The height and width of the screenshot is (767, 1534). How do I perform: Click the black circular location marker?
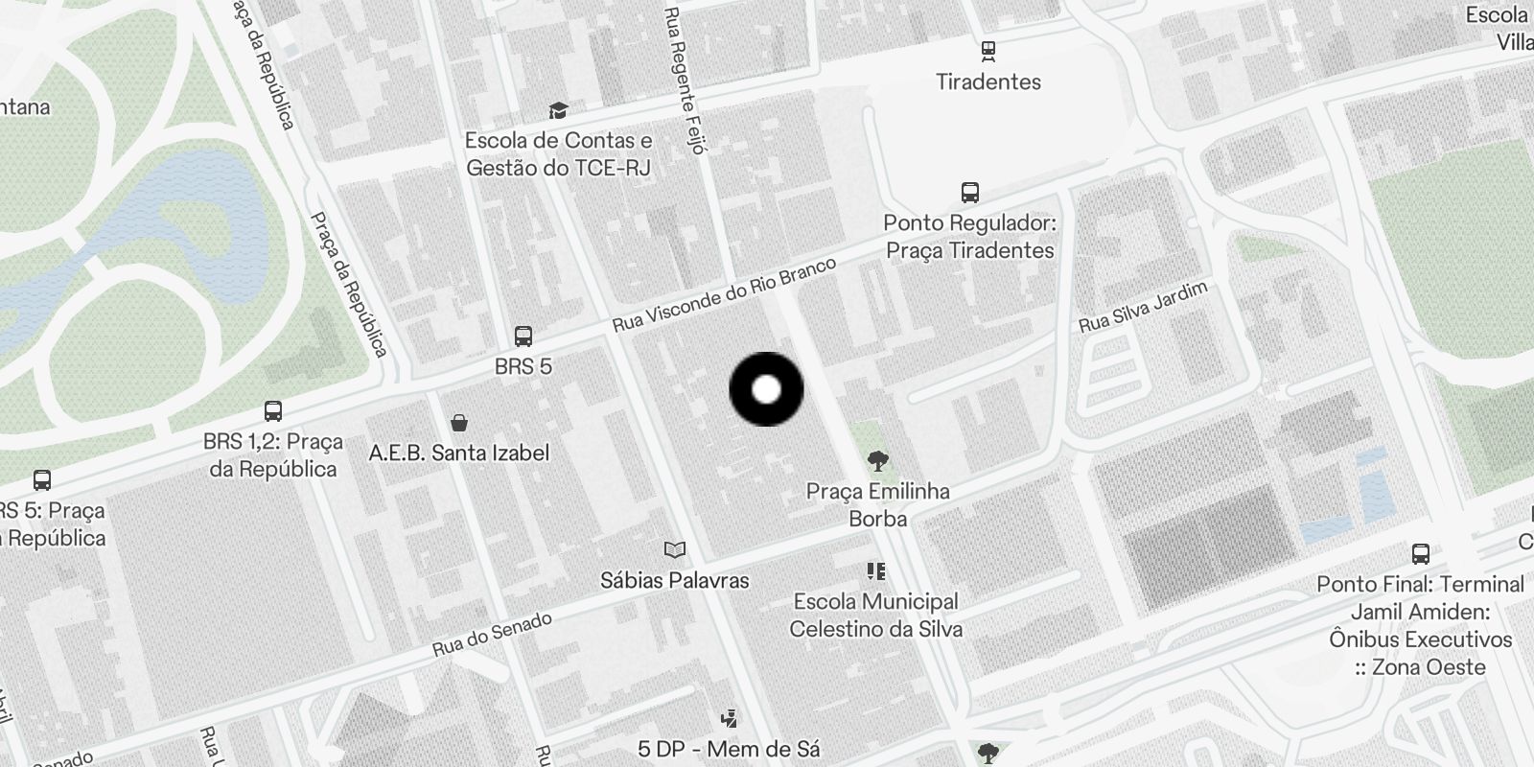tap(766, 389)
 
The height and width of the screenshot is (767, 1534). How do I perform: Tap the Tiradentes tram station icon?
tap(988, 51)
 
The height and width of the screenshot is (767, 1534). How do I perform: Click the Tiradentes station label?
tap(988, 81)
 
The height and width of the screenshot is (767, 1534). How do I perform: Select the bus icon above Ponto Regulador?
tap(970, 193)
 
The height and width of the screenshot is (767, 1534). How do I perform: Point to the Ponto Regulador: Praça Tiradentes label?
tap(969, 237)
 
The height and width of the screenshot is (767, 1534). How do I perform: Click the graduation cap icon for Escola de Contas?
tap(558, 110)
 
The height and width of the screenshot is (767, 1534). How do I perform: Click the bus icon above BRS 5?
tap(523, 337)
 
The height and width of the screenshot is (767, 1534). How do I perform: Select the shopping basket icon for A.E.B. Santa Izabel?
tap(459, 423)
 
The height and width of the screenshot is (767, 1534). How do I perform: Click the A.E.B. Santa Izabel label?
tap(459, 453)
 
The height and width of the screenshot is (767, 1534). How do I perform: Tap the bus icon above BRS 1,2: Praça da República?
tap(273, 411)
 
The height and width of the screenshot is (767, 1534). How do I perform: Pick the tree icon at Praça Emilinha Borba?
tap(877, 462)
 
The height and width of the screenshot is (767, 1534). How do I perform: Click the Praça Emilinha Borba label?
tap(877, 504)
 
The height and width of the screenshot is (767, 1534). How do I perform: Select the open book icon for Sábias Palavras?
tap(675, 549)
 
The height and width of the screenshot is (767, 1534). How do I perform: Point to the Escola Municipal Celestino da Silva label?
tap(875, 615)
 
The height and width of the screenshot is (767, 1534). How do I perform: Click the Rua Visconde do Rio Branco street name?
tap(724, 294)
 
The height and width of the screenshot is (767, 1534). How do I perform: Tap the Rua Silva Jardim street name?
tap(1142, 307)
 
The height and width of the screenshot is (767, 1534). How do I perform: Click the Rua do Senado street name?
tap(492, 634)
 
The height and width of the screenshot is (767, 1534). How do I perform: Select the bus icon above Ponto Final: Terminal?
tap(1421, 553)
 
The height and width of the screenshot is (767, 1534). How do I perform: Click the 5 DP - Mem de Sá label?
tap(729, 749)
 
